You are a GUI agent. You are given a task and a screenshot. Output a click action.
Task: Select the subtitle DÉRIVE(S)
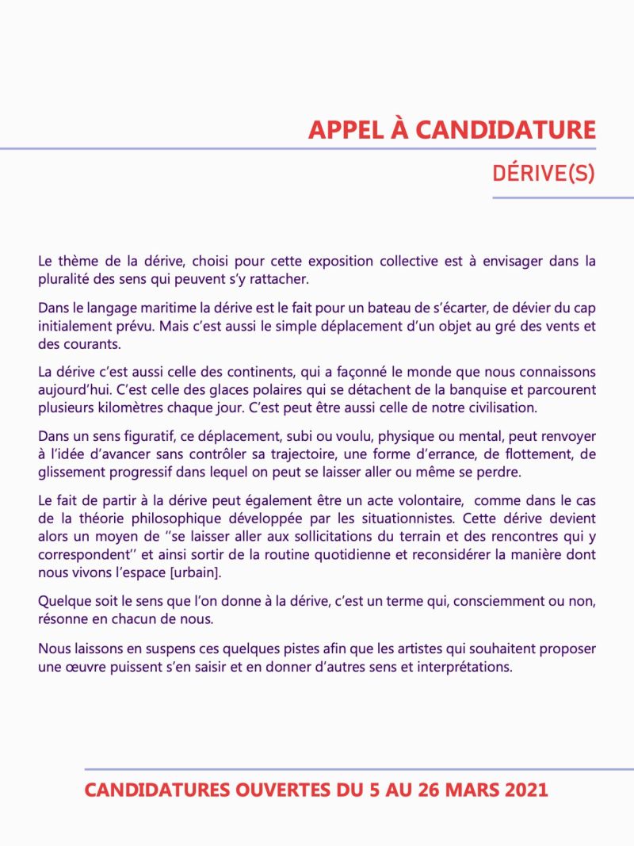543,174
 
